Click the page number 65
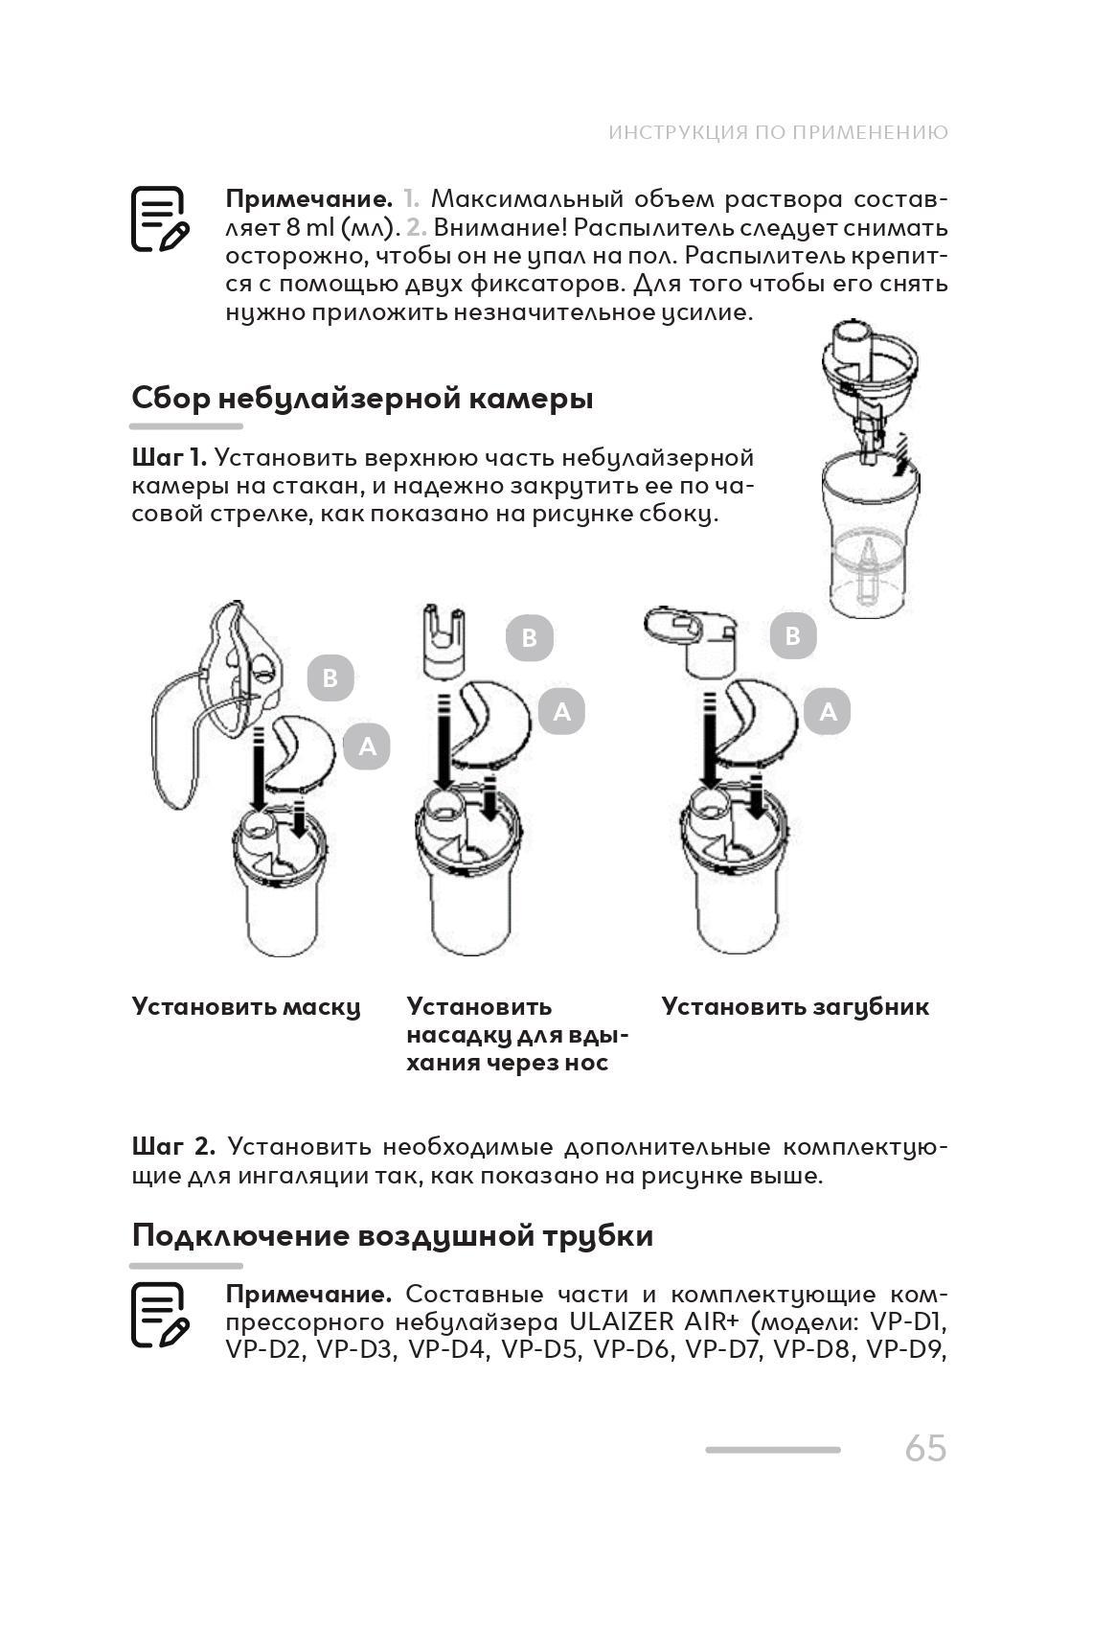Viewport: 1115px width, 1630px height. pos(924,1448)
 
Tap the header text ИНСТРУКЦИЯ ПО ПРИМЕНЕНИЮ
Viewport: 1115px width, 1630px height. pos(778,132)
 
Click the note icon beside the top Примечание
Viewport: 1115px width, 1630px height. pos(159,219)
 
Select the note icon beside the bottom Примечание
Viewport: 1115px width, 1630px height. pos(159,1316)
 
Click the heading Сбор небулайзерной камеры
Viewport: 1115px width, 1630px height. pos(362,398)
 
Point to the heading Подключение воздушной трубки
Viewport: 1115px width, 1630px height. pos(393,1235)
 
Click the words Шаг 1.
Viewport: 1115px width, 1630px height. pos(169,458)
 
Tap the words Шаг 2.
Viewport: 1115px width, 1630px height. pos(172,1147)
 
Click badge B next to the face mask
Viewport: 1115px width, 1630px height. pos(330,677)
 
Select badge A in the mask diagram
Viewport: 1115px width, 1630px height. pos(367,746)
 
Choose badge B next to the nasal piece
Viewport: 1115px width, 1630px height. pos(529,637)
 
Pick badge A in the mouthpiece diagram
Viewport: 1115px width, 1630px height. pos(828,712)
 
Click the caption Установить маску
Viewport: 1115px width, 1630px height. pos(246,1007)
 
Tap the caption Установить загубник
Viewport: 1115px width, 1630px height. pos(795,1007)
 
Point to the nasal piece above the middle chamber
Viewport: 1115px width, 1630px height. pos(444,639)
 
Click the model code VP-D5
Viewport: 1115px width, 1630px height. pos(537,1349)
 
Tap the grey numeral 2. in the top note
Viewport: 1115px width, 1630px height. pos(415,228)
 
